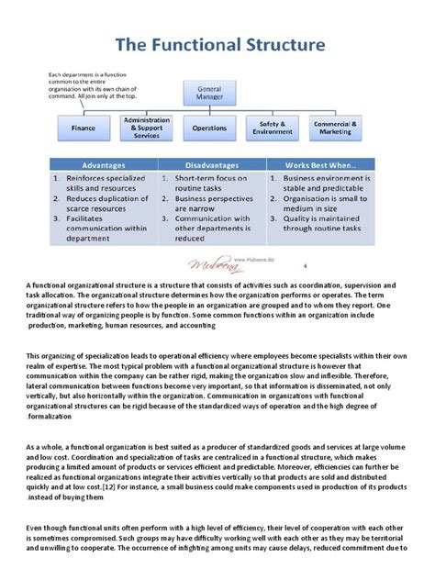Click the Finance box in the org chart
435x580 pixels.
[84, 128]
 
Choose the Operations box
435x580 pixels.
[209, 128]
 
